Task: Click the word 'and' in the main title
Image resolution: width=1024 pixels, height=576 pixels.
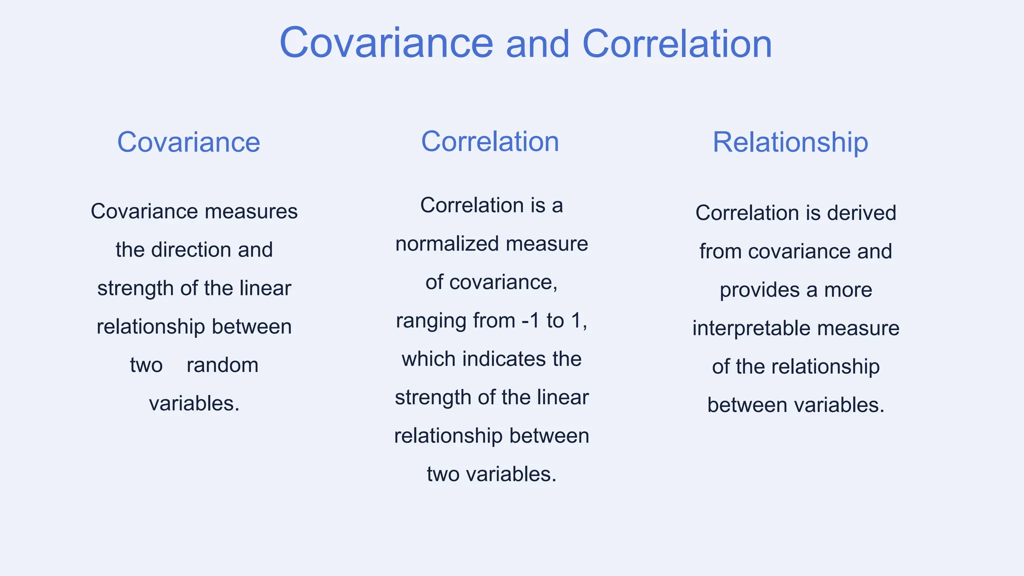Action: (537, 44)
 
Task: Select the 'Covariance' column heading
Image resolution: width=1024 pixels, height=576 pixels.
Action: (188, 142)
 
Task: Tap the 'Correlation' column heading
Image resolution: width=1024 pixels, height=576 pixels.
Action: (490, 141)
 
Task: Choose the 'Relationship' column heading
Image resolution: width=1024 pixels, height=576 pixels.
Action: (790, 142)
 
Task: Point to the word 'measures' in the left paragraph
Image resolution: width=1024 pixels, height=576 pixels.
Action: (251, 211)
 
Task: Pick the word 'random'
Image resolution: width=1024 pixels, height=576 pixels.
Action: (222, 365)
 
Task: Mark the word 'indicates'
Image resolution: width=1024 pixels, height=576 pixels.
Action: (504, 359)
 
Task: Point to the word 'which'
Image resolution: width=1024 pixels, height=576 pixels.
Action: (428, 359)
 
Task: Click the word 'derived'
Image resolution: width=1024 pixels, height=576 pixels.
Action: (861, 213)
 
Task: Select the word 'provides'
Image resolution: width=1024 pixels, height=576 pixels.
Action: (759, 290)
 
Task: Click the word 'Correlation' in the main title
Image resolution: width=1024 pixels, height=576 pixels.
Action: (677, 44)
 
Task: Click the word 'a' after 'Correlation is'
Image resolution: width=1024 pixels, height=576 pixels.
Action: (557, 205)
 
